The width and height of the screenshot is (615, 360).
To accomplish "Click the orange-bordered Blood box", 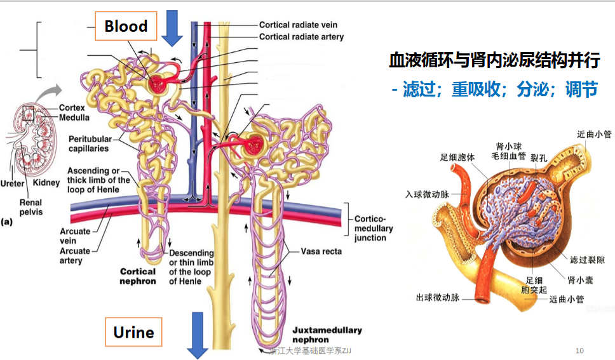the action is (126, 26).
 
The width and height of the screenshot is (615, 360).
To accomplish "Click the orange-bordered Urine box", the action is (133, 332).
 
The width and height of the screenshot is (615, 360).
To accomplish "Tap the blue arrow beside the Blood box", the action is (172, 28).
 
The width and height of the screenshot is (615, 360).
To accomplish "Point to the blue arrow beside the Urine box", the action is (198, 335).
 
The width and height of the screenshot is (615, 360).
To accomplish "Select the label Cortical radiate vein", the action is (298, 25).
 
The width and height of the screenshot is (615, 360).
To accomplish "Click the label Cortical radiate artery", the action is (301, 36).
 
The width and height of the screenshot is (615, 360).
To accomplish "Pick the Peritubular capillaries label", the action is (90, 143).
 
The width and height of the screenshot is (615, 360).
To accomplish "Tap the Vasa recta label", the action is (321, 251).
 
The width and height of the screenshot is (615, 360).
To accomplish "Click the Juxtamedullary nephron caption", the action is (327, 335).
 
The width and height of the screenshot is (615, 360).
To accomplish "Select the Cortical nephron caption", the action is (138, 276).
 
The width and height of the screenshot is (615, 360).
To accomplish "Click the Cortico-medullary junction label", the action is (374, 228).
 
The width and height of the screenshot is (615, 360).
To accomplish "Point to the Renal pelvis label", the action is (30, 207).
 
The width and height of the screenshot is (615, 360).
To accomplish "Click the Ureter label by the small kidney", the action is (12, 183).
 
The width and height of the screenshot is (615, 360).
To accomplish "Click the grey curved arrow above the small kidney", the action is (49, 92).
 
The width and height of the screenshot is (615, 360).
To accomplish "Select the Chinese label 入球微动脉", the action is (427, 194).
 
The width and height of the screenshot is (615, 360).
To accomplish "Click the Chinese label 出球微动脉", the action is (437, 297).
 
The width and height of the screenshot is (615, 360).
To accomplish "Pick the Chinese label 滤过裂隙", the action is (587, 260).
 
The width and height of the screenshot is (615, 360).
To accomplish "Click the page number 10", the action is (579, 350).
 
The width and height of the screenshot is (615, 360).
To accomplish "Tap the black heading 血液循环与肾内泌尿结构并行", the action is (494, 60).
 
